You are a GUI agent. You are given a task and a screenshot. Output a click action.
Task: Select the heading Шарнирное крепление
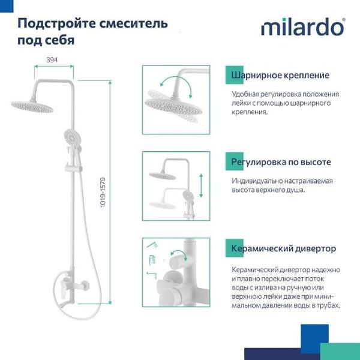(x=281, y=76)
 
